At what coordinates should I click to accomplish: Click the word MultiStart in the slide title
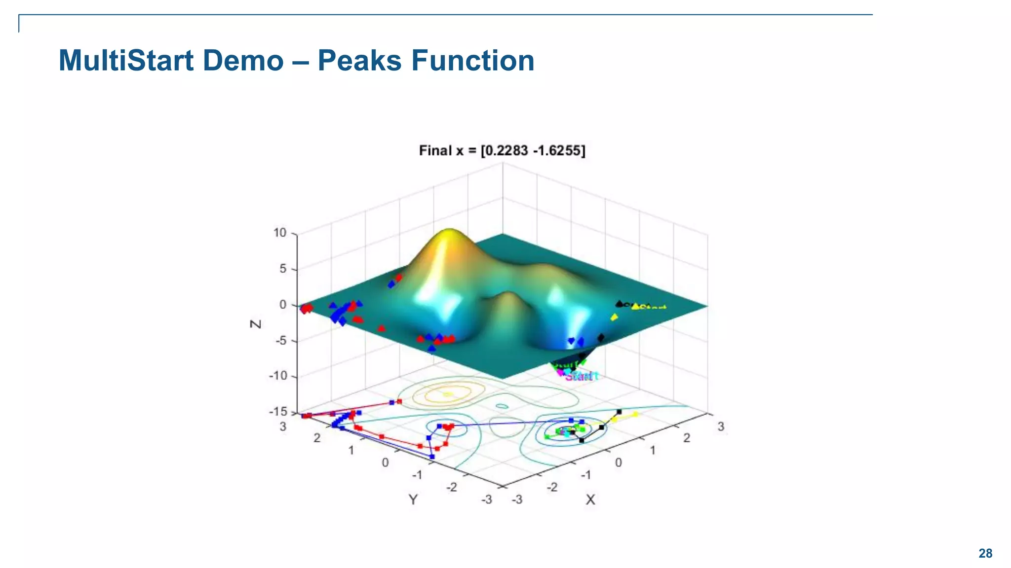click(x=126, y=61)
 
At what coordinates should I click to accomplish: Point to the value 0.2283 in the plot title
click(x=506, y=150)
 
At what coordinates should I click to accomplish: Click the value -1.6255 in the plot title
click(x=557, y=150)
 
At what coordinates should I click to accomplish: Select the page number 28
click(x=985, y=553)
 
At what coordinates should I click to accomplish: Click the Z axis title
click(x=256, y=324)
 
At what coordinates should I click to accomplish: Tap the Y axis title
click(x=413, y=500)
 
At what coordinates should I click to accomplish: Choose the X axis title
click(x=590, y=500)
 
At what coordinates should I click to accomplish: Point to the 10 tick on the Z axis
click(x=280, y=233)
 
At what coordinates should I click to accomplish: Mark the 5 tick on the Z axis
click(x=283, y=269)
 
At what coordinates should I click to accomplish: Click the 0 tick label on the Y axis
click(x=385, y=462)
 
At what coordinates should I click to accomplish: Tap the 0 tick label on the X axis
click(x=618, y=462)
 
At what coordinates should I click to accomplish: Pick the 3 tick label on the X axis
click(x=721, y=426)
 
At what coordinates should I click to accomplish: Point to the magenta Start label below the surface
click(x=582, y=377)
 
